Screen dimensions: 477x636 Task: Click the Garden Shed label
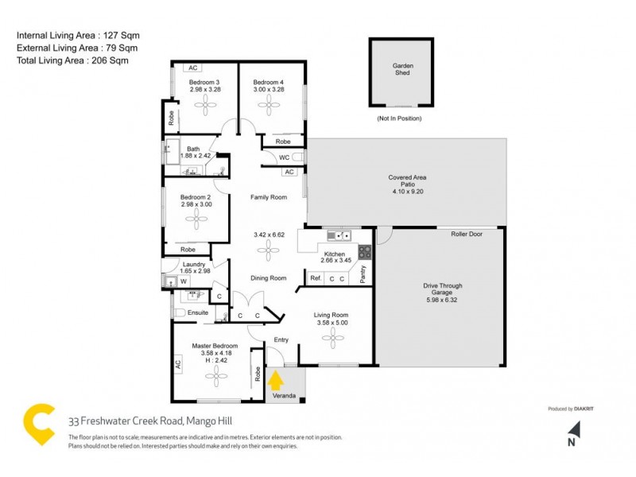tap(401, 69)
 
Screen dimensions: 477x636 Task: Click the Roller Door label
tap(467, 235)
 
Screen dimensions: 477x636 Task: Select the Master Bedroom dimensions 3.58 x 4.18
tap(215, 355)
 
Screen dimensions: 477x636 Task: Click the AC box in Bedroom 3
tap(192, 68)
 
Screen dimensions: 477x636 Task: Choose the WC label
tap(284, 157)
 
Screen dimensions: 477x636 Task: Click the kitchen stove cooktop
tap(365, 252)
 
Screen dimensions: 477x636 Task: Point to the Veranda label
tap(283, 394)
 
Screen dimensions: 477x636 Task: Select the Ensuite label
tap(198, 312)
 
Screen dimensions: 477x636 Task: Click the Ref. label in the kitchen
tap(316, 278)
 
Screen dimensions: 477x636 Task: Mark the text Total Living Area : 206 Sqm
tap(72, 60)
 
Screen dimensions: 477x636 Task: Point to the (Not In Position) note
tap(399, 118)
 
